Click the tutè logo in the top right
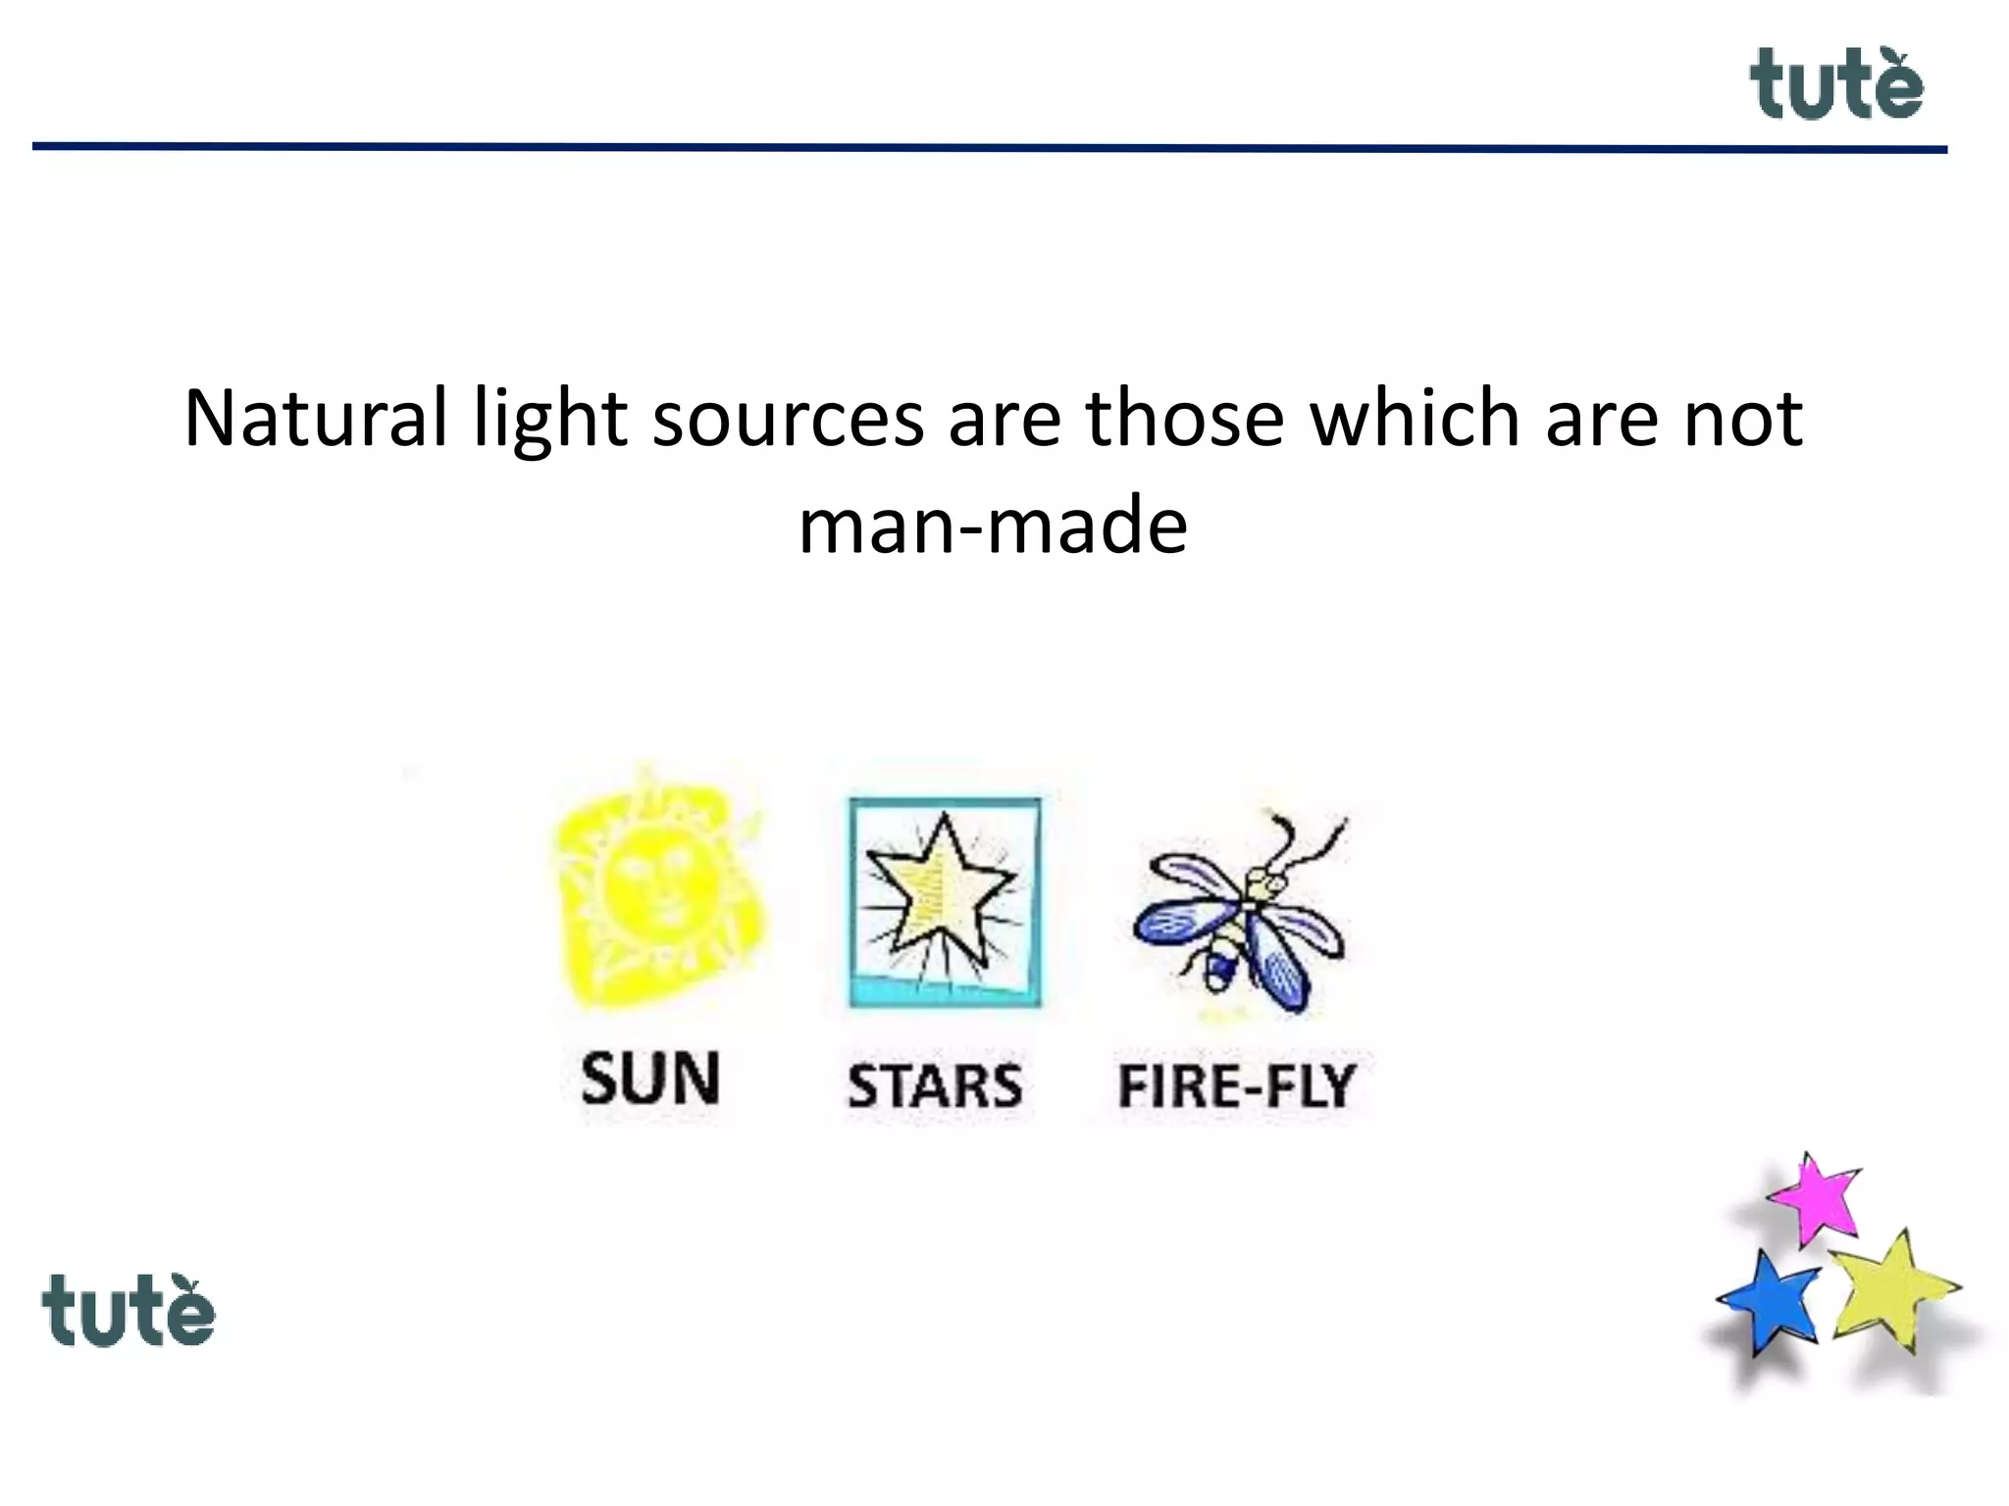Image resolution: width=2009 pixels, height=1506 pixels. [x=1835, y=86]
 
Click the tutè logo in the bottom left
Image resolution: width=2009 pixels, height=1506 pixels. [x=128, y=1312]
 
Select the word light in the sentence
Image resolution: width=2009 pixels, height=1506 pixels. [x=549, y=419]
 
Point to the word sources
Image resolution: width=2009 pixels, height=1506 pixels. [x=788, y=419]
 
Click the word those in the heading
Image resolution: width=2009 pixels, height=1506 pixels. [x=1184, y=419]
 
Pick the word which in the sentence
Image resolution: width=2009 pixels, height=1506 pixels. [x=1416, y=419]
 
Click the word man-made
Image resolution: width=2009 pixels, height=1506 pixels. [x=993, y=527]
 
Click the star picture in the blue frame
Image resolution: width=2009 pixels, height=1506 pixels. [x=944, y=900]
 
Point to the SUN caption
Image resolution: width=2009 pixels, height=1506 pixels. [x=650, y=1079]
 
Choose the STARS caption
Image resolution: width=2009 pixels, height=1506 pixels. [x=935, y=1086]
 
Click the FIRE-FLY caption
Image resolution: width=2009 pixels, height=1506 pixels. [x=1237, y=1086]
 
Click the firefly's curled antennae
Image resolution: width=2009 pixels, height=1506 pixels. [x=1305, y=843]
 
